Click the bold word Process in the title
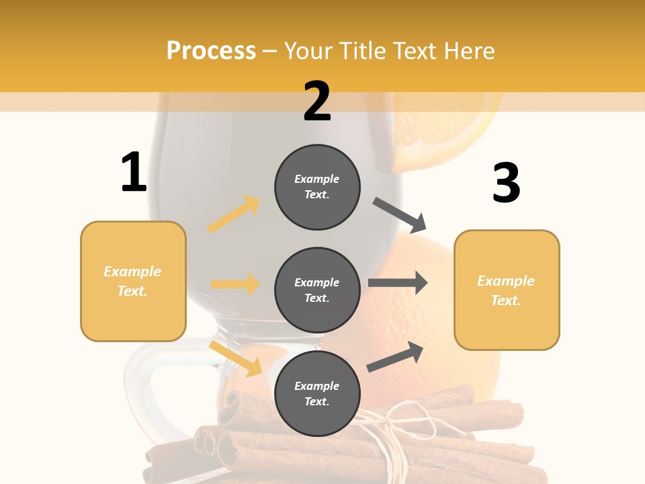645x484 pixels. (211, 51)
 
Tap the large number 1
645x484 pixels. (134, 173)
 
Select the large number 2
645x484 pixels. (317, 102)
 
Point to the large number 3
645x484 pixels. (506, 184)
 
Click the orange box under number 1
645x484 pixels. (133, 281)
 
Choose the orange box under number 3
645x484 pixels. (507, 290)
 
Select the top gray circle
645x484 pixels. (317, 187)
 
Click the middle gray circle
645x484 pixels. (317, 290)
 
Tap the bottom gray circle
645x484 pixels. (317, 393)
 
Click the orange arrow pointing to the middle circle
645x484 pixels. (235, 284)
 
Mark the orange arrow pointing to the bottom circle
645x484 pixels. (235, 358)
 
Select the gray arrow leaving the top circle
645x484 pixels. (400, 215)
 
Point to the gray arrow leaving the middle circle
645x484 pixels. (398, 282)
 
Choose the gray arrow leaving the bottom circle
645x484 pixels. (395, 356)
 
